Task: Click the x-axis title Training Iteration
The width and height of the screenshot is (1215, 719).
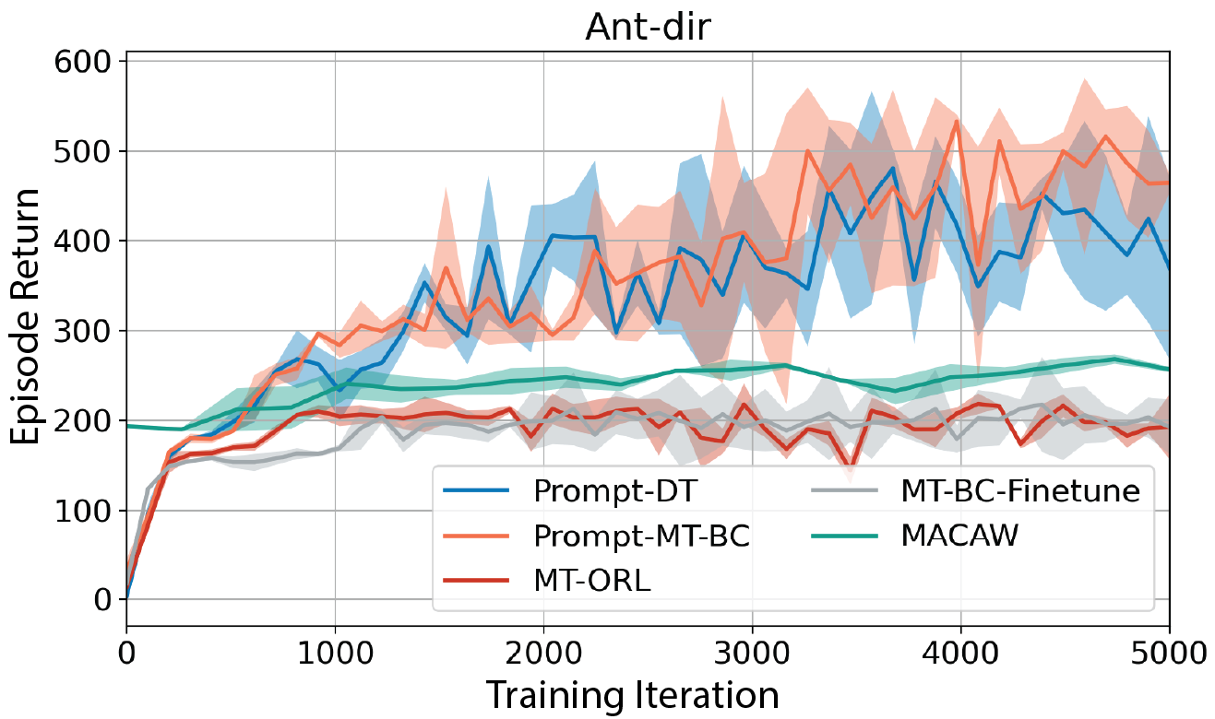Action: [632, 693]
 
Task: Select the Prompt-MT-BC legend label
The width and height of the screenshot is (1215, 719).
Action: [641, 536]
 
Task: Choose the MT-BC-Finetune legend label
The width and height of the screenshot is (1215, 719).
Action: [1019, 492]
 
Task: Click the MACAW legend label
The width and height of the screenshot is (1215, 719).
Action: [959, 536]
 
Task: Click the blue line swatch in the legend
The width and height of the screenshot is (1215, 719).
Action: [477, 492]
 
